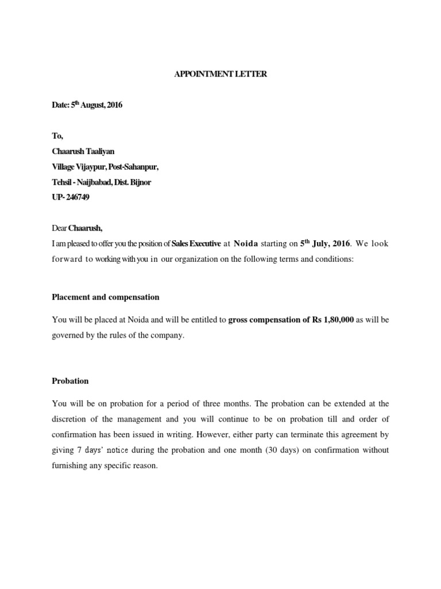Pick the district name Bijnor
[x=141, y=182]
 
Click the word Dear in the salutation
[x=60, y=228]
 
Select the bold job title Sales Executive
[x=196, y=244]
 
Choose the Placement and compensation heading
[x=106, y=297]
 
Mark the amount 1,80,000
[x=334, y=320]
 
